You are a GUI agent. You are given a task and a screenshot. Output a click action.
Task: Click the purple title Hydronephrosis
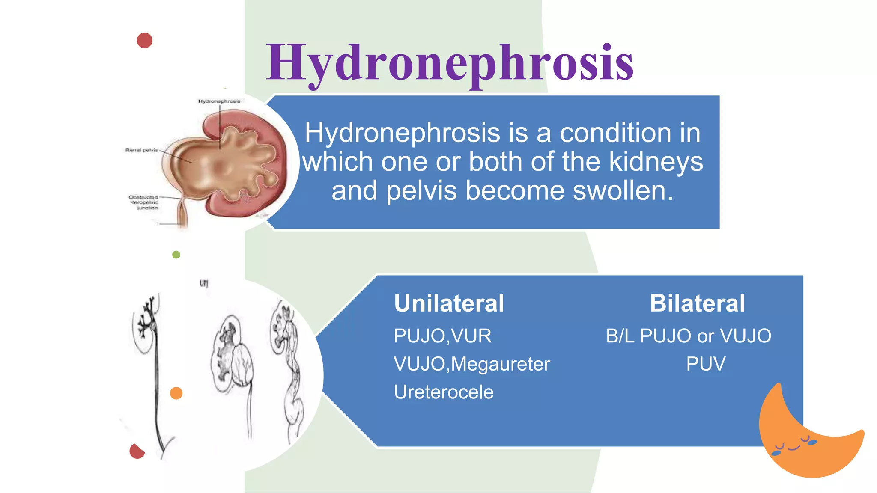pyautogui.click(x=450, y=63)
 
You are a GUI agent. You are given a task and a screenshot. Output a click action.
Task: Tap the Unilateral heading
pyautogui.click(x=449, y=303)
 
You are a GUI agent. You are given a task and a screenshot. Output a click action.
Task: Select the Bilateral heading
pyautogui.click(x=697, y=303)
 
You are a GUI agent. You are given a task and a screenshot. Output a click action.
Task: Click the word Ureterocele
pyautogui.click(x=444, y=392)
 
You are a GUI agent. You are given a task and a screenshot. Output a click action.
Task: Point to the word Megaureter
pyautogui.click(x=500, y=364)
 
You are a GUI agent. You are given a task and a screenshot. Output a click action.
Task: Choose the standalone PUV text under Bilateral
pyautogui.click(x=706, y=364)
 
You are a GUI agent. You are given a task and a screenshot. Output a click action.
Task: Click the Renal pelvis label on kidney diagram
pyautogui.click(x=141, y=150)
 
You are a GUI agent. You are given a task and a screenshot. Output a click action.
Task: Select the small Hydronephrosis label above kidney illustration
pyautogui.click(x=219, y=101)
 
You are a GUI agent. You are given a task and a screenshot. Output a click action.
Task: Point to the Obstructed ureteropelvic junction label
pyautogui.click(x=144, y=202)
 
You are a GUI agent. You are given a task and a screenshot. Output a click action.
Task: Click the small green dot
pyautogui.click(x=176, y=255)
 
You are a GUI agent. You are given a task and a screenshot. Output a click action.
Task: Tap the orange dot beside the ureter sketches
pyautogui.click(x=176, y=393)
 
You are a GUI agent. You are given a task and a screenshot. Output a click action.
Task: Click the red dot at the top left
pyautogui.click(x=145, y=40)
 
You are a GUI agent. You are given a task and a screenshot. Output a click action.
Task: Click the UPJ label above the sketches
pyautogui.click(x=204, y=283)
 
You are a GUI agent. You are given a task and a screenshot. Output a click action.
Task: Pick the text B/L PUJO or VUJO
pyautogui.click(x=689, y=336)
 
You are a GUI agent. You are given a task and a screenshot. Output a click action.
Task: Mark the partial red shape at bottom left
pyautogui.click(x=137, y=451)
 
